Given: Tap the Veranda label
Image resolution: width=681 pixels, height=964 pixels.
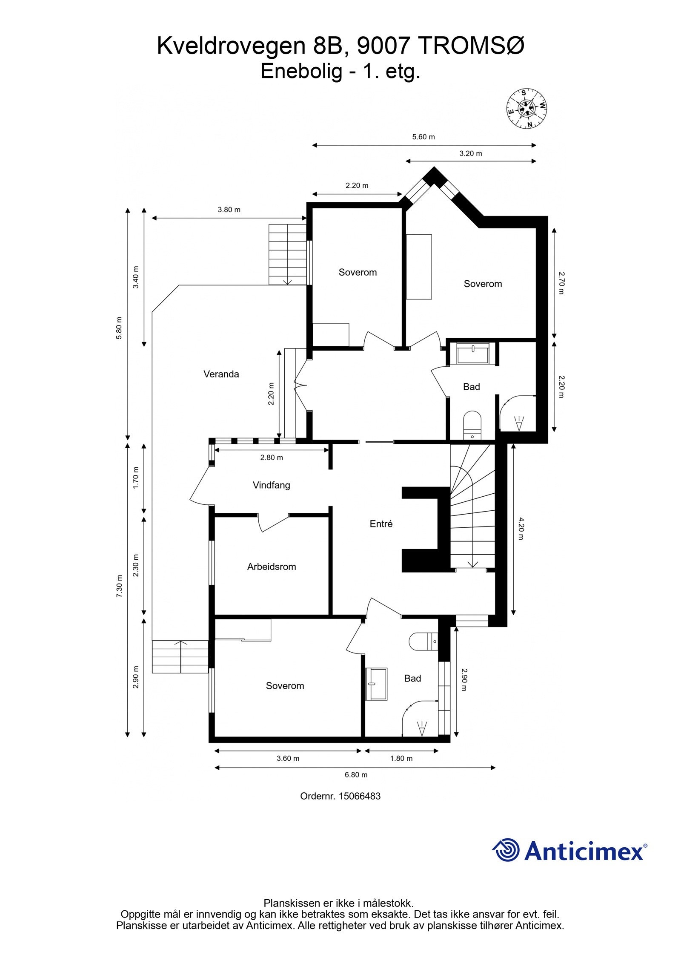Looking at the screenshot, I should pos(221,374).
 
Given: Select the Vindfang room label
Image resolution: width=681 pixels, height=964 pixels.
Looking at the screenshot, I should pos(271,485).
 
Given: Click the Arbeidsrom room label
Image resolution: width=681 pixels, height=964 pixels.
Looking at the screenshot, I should pos(271,567).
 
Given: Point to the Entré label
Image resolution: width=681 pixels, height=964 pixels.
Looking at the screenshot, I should pos(381,524).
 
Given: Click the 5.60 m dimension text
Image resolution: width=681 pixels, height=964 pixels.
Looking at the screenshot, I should pos(423,137).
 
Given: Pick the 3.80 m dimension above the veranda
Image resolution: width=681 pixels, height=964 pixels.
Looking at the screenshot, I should pos(229,210).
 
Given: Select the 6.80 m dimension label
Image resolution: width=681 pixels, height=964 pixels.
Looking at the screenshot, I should pos(356,774).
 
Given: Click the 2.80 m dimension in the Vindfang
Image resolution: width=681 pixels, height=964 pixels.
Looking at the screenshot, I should pos(272,458).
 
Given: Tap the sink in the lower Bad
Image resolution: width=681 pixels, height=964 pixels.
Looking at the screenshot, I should pos(376,684).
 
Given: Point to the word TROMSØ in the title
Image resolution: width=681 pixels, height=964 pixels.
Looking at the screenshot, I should pos(471,46).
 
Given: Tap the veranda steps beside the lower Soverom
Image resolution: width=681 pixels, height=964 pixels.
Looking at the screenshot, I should pos(180,656).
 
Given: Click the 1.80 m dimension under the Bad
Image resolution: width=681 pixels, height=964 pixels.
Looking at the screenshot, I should pos(401,758).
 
